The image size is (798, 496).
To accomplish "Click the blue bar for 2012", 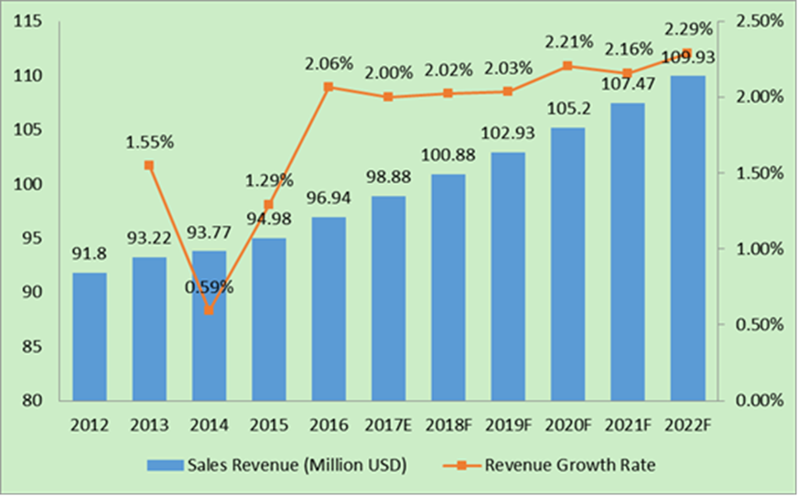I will pyautogui.click(x=90, y=336).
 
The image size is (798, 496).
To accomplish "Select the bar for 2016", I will pyautogui.click(x=328, y=308).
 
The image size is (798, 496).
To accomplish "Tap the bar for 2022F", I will pyautogui.click(x=686, y=238).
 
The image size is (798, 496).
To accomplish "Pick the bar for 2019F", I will pyautogui.click(x=507, y=276).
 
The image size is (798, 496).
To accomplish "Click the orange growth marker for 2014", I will pyautogui.click(x=209, y=310).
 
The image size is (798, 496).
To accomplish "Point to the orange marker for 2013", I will pyautogui.click(x=148, y=165).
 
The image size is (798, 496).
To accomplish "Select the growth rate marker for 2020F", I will pyautogui.click(x=566, y=65).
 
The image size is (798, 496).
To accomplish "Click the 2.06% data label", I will pyautogui.click(x=328, y=63).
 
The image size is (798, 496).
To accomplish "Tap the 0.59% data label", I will pyautogui.click(x=209, y=286).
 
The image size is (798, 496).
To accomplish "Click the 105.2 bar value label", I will pyautogui.click(x=566, y=110).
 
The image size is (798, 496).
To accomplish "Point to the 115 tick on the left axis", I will pyautogui.click(x=36, y=22).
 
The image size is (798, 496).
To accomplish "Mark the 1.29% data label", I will pyautogui.click(x=269, y=179).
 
